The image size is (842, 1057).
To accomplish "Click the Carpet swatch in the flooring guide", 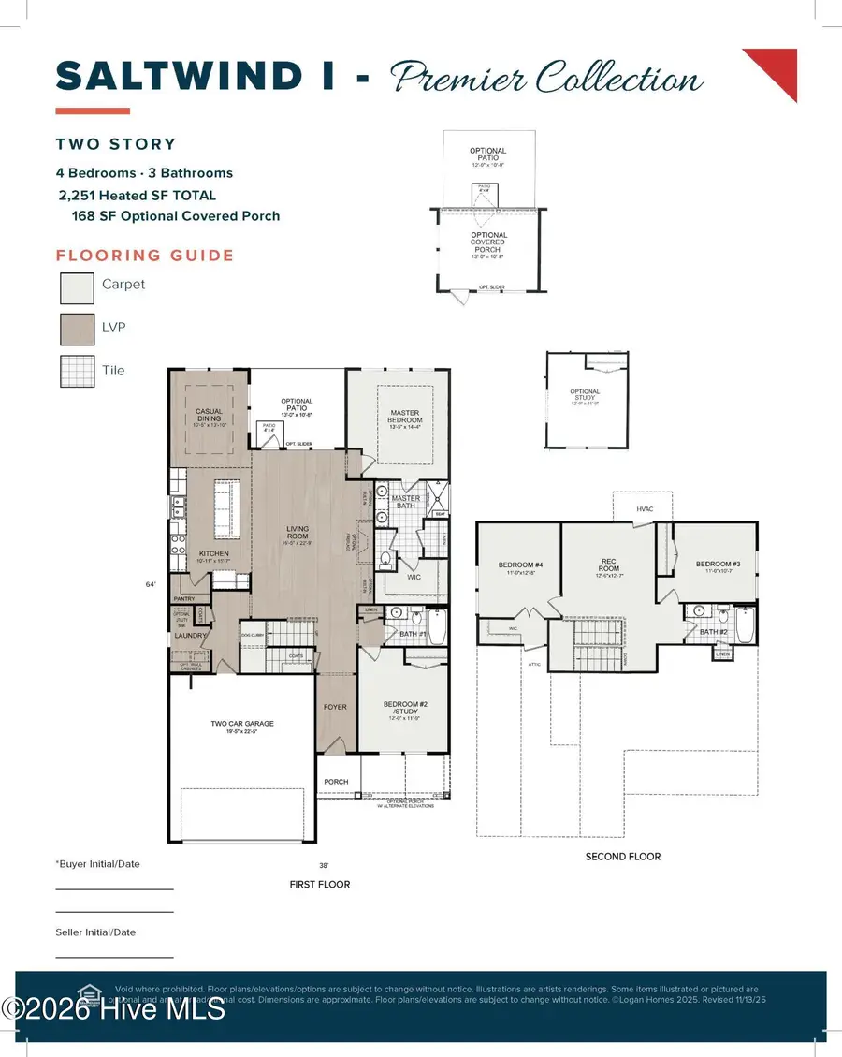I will [x=77, y=287].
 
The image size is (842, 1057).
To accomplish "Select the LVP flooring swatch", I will [x=77, y=330].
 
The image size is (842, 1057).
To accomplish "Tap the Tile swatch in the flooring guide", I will [x=77, y=373].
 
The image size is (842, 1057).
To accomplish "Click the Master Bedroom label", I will [x=406, y=417].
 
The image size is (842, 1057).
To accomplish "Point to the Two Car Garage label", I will [x=241, y=723].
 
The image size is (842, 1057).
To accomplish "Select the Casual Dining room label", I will [x=208, y=415].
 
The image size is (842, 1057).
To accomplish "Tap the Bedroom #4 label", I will [x=516, y=565].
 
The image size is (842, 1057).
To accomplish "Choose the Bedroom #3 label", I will [x=719, y=564].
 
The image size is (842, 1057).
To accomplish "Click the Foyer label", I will [x=335, y=707].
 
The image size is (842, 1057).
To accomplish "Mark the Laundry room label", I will [x=190, y=637].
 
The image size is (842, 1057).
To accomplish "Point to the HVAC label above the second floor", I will [x=645, y=508].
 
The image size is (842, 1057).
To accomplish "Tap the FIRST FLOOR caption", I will [x=320, y=884].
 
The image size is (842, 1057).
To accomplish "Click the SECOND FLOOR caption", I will [x=623, y=856].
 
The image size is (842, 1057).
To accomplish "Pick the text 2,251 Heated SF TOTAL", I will [x=137, y=196].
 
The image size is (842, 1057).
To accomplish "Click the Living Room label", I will [x=298, y=533].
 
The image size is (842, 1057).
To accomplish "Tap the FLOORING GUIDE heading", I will [x=145, y=256].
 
